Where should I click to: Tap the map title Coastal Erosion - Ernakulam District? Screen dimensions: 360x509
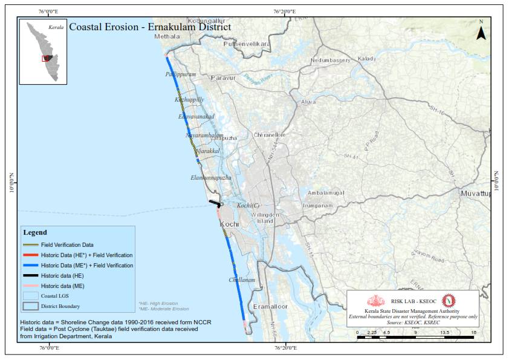(x=150, y=27)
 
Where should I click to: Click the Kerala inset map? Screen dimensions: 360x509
(x=42, y=51)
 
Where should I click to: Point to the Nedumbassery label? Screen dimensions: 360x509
(x=330, y=61)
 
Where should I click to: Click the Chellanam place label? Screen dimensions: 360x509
(x=242, y=280)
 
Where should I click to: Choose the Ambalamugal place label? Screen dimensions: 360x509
(x=326, y=193)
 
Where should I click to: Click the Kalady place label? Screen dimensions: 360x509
(x=367, y=59)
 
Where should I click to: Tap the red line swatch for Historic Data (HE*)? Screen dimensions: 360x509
(x=31, y=255)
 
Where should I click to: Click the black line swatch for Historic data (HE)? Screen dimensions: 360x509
(x=31, y=275)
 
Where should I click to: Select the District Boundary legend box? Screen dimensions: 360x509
(x=31, y=306)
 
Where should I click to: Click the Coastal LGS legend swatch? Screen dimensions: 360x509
(x=31, y=296)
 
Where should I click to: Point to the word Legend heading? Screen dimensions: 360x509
(x=34, y=232)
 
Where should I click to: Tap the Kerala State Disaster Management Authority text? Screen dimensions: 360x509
(x=413, y=310)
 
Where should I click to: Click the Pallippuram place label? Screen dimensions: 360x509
(x=180, y=74)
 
